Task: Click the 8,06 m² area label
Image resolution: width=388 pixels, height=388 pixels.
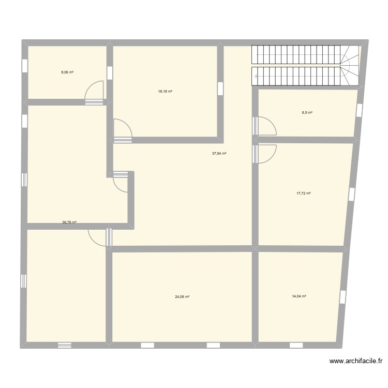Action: point(67,72)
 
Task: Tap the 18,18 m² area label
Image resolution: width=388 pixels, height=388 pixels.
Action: point(165,91)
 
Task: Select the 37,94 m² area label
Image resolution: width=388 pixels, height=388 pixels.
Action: point(219,153)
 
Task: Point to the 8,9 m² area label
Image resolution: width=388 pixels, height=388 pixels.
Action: point(307,113)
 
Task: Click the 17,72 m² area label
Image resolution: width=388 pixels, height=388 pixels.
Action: point(304,193)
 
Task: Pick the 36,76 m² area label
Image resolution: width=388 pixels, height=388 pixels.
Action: point(69,222)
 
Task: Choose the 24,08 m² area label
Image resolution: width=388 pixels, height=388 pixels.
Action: point(182,297)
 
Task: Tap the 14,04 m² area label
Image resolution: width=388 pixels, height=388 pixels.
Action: point(300,296)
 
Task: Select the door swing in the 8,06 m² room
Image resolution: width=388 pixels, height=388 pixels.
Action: point(93,90)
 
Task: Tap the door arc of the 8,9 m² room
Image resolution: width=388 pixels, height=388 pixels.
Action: point(266,126)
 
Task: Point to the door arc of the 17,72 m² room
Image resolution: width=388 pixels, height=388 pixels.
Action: point(267,154)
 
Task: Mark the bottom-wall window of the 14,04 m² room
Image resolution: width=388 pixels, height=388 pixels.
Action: point(296,345)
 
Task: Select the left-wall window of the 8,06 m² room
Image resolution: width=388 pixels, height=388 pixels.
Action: point(24,66)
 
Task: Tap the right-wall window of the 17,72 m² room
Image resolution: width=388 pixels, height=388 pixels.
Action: point(351,194)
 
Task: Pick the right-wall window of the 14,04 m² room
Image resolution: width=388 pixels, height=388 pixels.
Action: point(342,297)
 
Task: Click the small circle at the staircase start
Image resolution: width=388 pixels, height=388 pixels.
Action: point(256,76)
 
